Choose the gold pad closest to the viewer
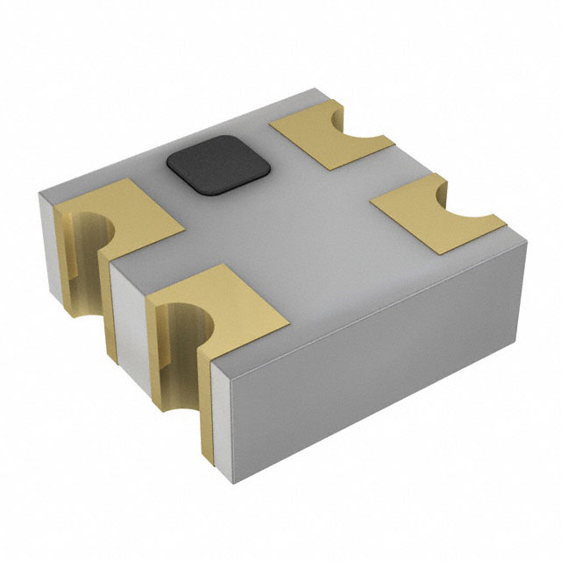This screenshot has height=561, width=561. click(219, 298)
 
